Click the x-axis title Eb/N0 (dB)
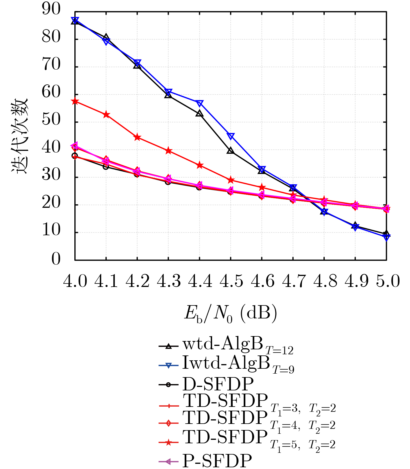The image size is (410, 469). pyautogui.click(x=231, y=314)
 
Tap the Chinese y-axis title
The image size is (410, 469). pyautogui.click(x=20, y=136)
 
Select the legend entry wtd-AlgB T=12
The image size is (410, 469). pyautogui.click(x=226, y=346)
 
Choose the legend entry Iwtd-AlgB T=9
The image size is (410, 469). pyautogui.click(x=227, y=365)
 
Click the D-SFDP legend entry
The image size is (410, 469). pyautogui.click(x=206, y=384)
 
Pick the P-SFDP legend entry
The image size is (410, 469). pyautogui.click(x=205, y=461)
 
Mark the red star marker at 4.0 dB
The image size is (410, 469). pyautogui.click(x=75, y=101)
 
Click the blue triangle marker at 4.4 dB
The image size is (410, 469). pyautogui.click(x=200, y=103)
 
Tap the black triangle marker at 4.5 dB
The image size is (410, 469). pyautogui.click(x=231, y=151)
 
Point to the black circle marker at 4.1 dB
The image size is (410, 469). pyautogui.click(x=106, y=167)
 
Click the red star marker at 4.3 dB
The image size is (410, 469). pyautogui.click(x=169, y=151)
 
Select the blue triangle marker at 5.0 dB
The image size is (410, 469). pyautogui.click(x=387, y=237)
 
